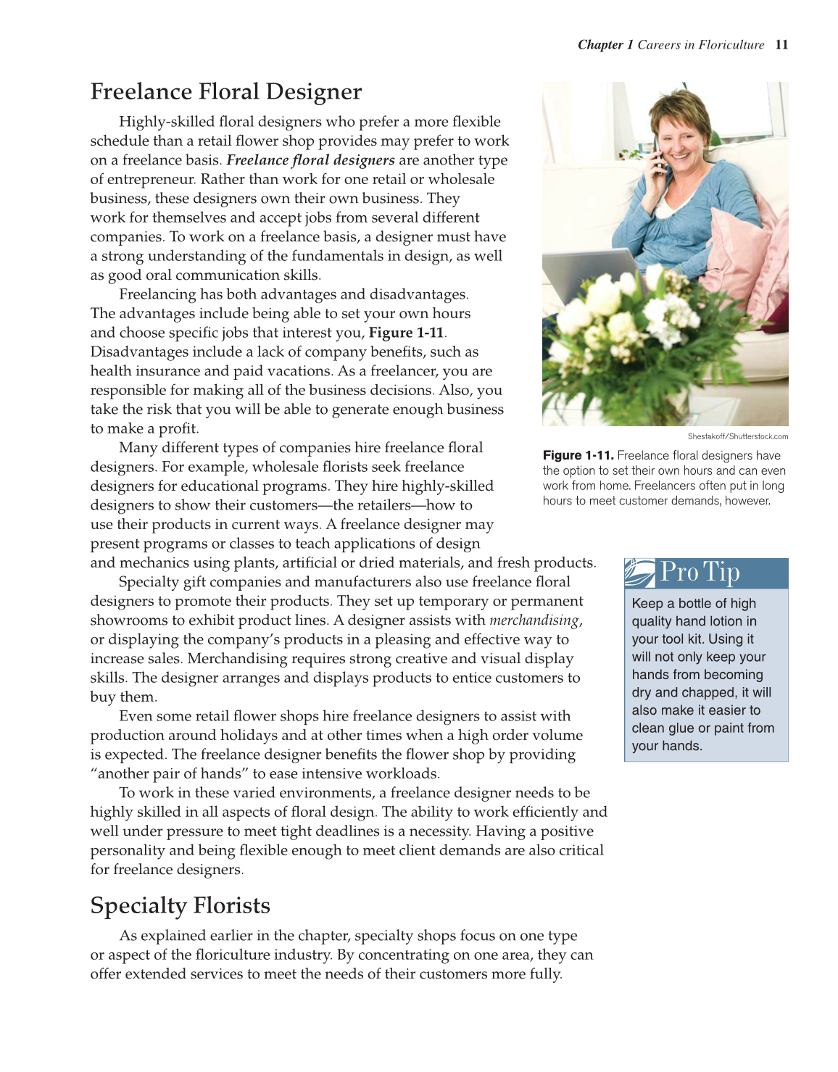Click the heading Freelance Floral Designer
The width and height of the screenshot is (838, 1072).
pos(225,92)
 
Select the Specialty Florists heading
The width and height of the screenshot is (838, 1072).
pos(180,906)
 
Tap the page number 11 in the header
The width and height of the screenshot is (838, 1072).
pos(781,45)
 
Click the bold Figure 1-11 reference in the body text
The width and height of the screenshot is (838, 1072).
pos(406,333)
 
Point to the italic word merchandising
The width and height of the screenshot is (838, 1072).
pos(534,620)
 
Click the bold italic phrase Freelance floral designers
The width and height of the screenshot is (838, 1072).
pos(310,160)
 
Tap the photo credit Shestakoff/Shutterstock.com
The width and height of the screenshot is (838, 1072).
pos(737,436)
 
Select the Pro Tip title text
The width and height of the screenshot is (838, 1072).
pos(700,573)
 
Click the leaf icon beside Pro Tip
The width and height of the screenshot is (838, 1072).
pos(639,573)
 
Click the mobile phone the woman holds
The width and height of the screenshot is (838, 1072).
pos(660,156)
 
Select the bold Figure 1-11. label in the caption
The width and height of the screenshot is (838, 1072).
pos(578,456)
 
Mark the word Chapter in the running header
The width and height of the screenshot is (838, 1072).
pos(600,45)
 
